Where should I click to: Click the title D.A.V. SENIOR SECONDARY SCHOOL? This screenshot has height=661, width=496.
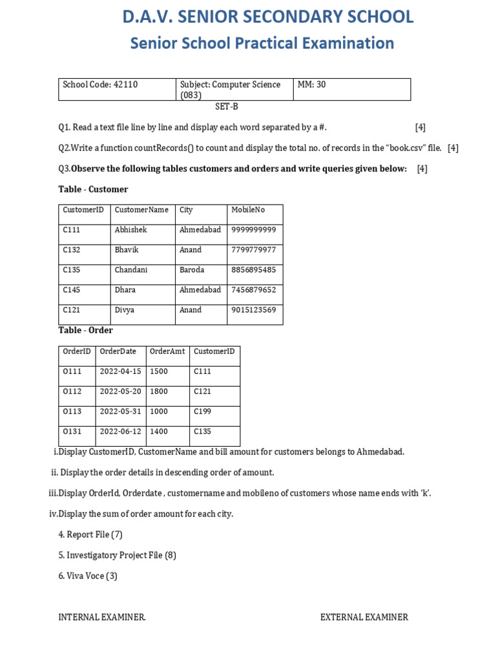point(267,17)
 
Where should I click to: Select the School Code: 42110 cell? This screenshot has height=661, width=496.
point(100,85)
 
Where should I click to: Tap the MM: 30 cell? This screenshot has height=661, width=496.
point(311,85)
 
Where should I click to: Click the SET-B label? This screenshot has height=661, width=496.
point(227,107)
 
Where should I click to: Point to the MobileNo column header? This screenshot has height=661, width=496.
point(248,210)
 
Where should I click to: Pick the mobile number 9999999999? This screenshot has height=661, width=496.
point(253,230)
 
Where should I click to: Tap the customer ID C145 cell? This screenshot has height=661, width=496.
point(72,290)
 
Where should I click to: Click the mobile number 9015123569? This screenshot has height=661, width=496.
point(253,310)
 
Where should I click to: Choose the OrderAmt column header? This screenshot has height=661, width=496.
point(167,351)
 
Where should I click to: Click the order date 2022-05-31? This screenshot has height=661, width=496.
point(120,411)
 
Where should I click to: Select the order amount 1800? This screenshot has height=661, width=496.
point(159,391)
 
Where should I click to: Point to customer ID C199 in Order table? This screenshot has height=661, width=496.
point(202,411)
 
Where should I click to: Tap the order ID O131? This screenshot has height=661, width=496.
point(72,431)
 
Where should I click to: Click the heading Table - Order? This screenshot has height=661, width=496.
point(86,330)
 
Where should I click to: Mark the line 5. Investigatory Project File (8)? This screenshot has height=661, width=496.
point(117,555)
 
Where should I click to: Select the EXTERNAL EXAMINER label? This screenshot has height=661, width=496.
point(364,617)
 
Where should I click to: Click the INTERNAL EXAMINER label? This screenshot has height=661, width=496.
point(102,617)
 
